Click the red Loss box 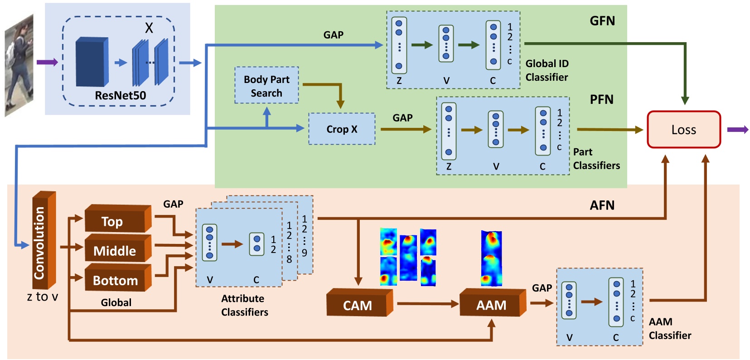coord(683,130)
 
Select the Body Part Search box coord(266,86)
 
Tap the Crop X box coord(342,129)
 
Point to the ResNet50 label coord(120,96)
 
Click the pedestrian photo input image coord(19,66)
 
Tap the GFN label coord(602,21)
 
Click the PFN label coord(601,100)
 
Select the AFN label coord(602,205)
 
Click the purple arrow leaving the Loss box coord(737,130)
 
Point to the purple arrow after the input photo coord(47,62)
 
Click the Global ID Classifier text coord(547,70)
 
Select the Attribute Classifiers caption coord(244,305)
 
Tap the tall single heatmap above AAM coord(491,258)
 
